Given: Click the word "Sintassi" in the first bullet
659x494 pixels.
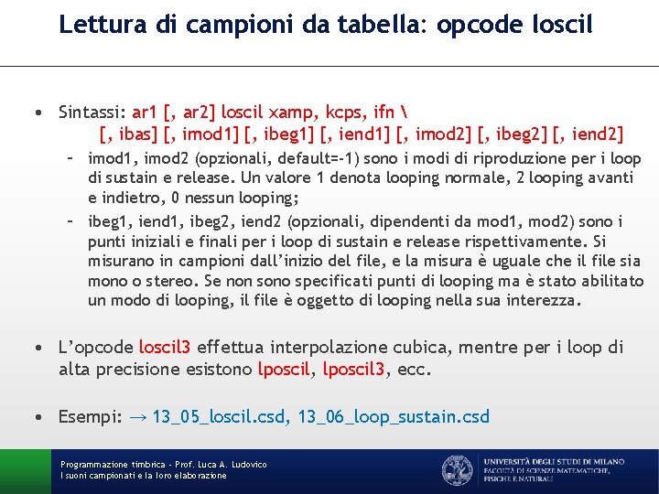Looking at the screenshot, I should pos(90,113).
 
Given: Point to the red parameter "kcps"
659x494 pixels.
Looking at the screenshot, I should pos(344,113).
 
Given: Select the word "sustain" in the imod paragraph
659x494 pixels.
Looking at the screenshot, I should pos(140,178).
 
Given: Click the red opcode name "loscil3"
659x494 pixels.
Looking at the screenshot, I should pos(165,348).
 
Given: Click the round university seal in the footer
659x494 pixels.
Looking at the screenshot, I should pos(457,470).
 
